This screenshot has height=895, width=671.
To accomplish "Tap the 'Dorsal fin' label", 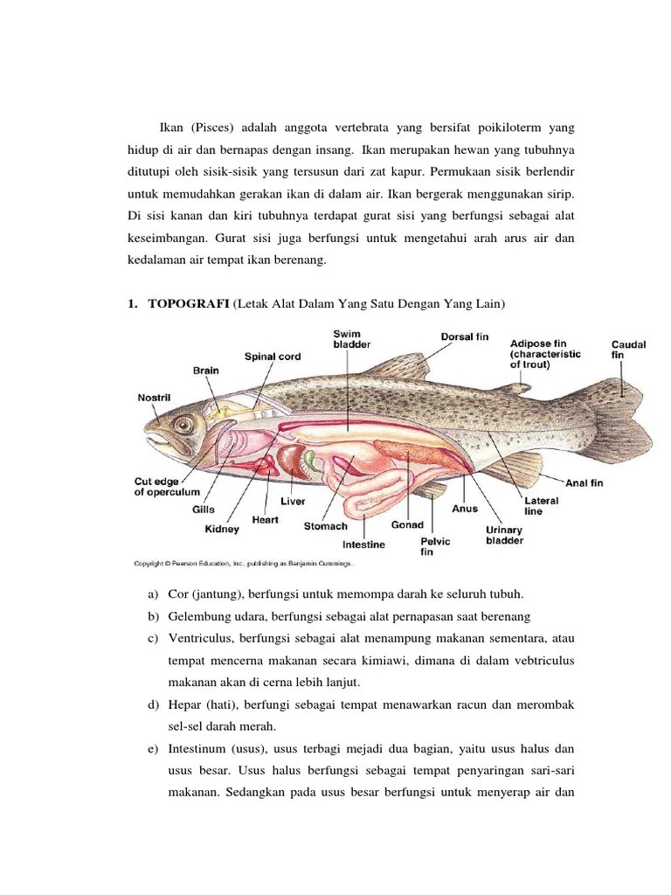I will point(464,336).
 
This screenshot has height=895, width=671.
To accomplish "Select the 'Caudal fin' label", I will point(627,350).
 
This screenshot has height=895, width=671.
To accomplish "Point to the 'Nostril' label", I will point(154,398).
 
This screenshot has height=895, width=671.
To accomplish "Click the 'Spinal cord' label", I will point(273,357).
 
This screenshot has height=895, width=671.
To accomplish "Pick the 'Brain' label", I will point(206,371).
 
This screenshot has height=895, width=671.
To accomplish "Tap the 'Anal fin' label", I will point(585,482).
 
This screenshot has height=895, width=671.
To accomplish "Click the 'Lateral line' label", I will point(542,505).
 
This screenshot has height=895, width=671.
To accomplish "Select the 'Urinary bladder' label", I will point(504,535).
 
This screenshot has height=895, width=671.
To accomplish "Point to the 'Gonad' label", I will point(407,525).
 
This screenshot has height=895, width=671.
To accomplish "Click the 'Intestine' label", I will point(363,545).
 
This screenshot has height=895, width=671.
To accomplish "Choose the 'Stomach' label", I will point(325,526).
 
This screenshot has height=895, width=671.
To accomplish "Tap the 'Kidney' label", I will point(222,529).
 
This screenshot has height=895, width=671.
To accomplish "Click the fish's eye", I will point(183,425).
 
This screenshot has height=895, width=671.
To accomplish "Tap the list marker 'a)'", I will point(141,594).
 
